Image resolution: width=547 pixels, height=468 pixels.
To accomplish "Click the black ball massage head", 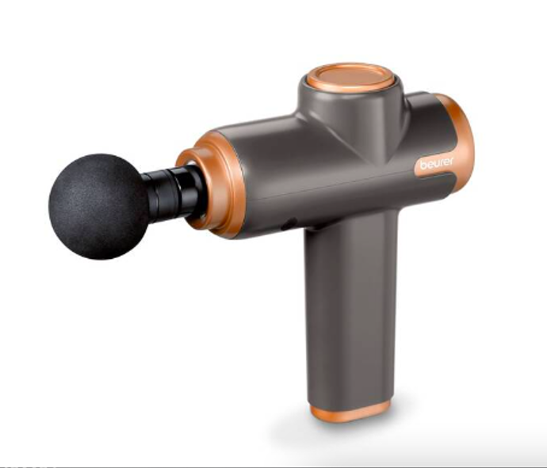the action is tap(99, 207).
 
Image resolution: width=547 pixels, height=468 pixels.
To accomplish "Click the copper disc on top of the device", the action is tap(350, 78).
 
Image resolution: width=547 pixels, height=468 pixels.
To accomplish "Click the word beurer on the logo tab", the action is tap(437, 163).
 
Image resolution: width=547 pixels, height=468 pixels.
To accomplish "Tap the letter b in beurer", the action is tap(423, 166).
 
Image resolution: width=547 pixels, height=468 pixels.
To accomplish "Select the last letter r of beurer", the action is tap(451, 161).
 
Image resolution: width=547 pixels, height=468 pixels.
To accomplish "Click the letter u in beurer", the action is tap(437, 163).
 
